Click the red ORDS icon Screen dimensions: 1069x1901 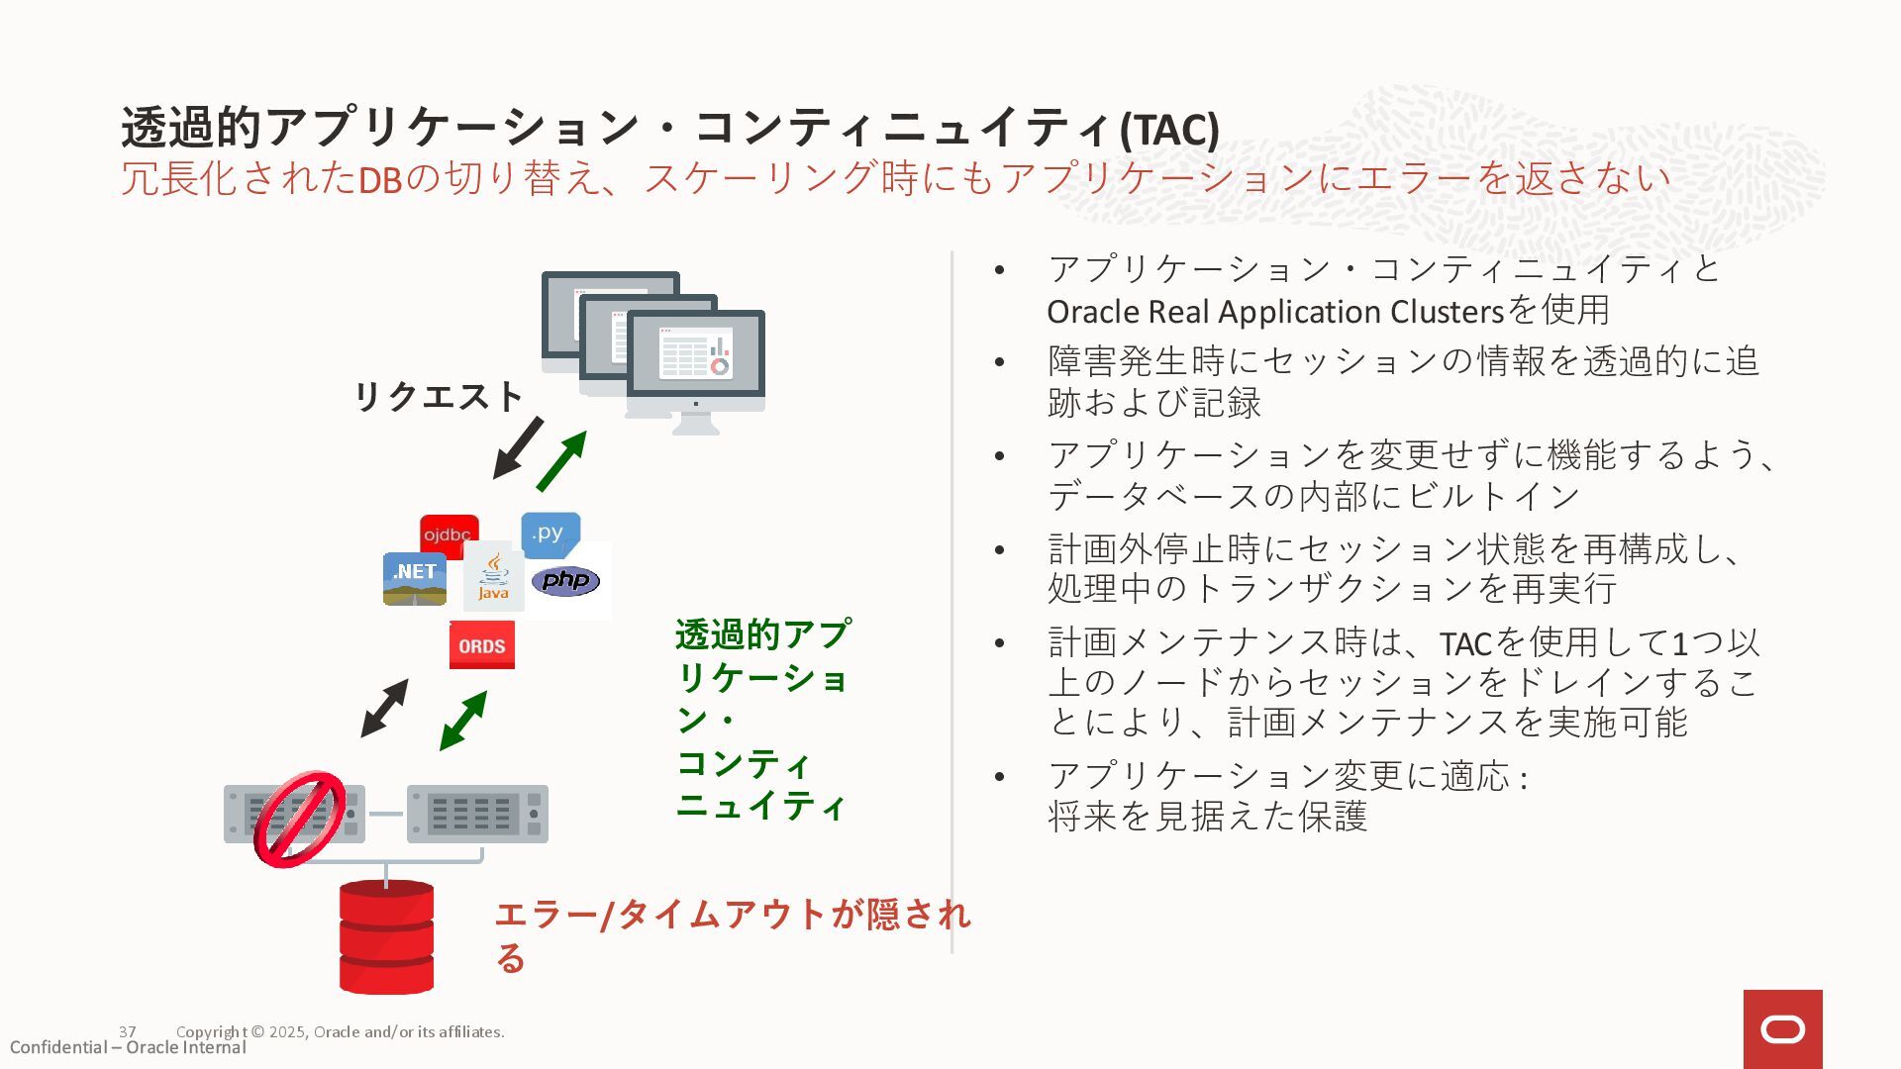[x=482, y=645]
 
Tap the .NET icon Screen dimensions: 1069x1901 [x=414, y=578]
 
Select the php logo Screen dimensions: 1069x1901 [x=565, y=580]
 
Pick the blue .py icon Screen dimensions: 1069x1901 [x=550, y=534]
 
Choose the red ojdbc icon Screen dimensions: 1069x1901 [x=448, y=534]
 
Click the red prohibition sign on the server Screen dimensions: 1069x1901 [x=300, y=820]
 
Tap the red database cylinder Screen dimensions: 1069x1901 [x=386, y=936]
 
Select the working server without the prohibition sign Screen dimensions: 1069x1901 [x=477, y=814]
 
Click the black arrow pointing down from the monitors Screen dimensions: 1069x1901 [x=518, y=448]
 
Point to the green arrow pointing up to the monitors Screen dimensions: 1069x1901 [x=561, y=461]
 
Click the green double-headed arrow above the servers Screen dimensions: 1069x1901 [x=462, y=721]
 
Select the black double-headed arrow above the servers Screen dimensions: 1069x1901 [x=384, y=708]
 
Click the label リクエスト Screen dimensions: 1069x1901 [x=438, y=396]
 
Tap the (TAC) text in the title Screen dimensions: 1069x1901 [x=1169, y=129]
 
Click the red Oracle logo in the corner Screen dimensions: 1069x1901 [x=1782, y=1029]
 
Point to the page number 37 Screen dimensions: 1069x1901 [x=128, y=1031]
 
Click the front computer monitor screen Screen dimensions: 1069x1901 [x=696, y=353]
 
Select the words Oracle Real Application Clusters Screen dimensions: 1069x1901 [x=1275, y=312]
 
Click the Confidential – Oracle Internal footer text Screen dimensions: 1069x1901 [x=128, y=1047]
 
